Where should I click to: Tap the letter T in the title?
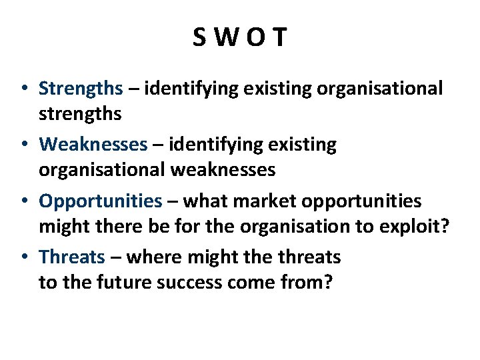click(x=279, y=37)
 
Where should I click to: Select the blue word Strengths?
click(x=81, y=89)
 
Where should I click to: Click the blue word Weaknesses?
click(x=93, y=145)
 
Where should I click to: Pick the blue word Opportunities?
click(x=101, y=201)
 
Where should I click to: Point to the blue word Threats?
click(x=72, y=257)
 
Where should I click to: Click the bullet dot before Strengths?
click(x=23, y=89)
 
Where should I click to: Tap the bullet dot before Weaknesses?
click(x=23, y=145)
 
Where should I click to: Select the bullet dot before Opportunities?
click(x=23, y=201)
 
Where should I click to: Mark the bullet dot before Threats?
click(x=23, y=257)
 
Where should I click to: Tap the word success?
click(x=189, y=282)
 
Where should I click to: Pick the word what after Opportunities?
click(x=205, y=201)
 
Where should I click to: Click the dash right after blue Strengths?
click(x=133, y=89)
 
